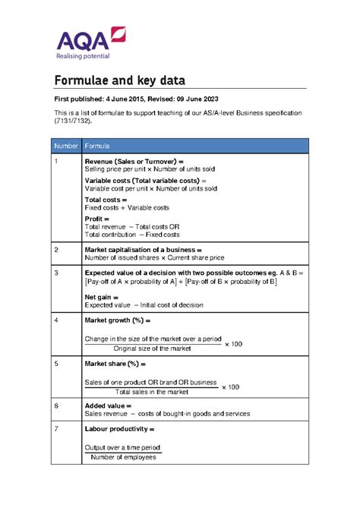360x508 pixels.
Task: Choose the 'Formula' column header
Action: click(96, 145)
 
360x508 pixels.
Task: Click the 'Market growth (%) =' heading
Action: click(119, 320)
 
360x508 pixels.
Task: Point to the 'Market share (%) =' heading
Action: click(118, 364)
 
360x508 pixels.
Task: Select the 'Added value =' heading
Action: click(108, 406)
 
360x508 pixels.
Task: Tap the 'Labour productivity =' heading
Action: click(124, 429)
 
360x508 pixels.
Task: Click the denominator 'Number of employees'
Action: click(123, 457)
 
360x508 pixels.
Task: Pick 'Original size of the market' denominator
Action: click(153, 349)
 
